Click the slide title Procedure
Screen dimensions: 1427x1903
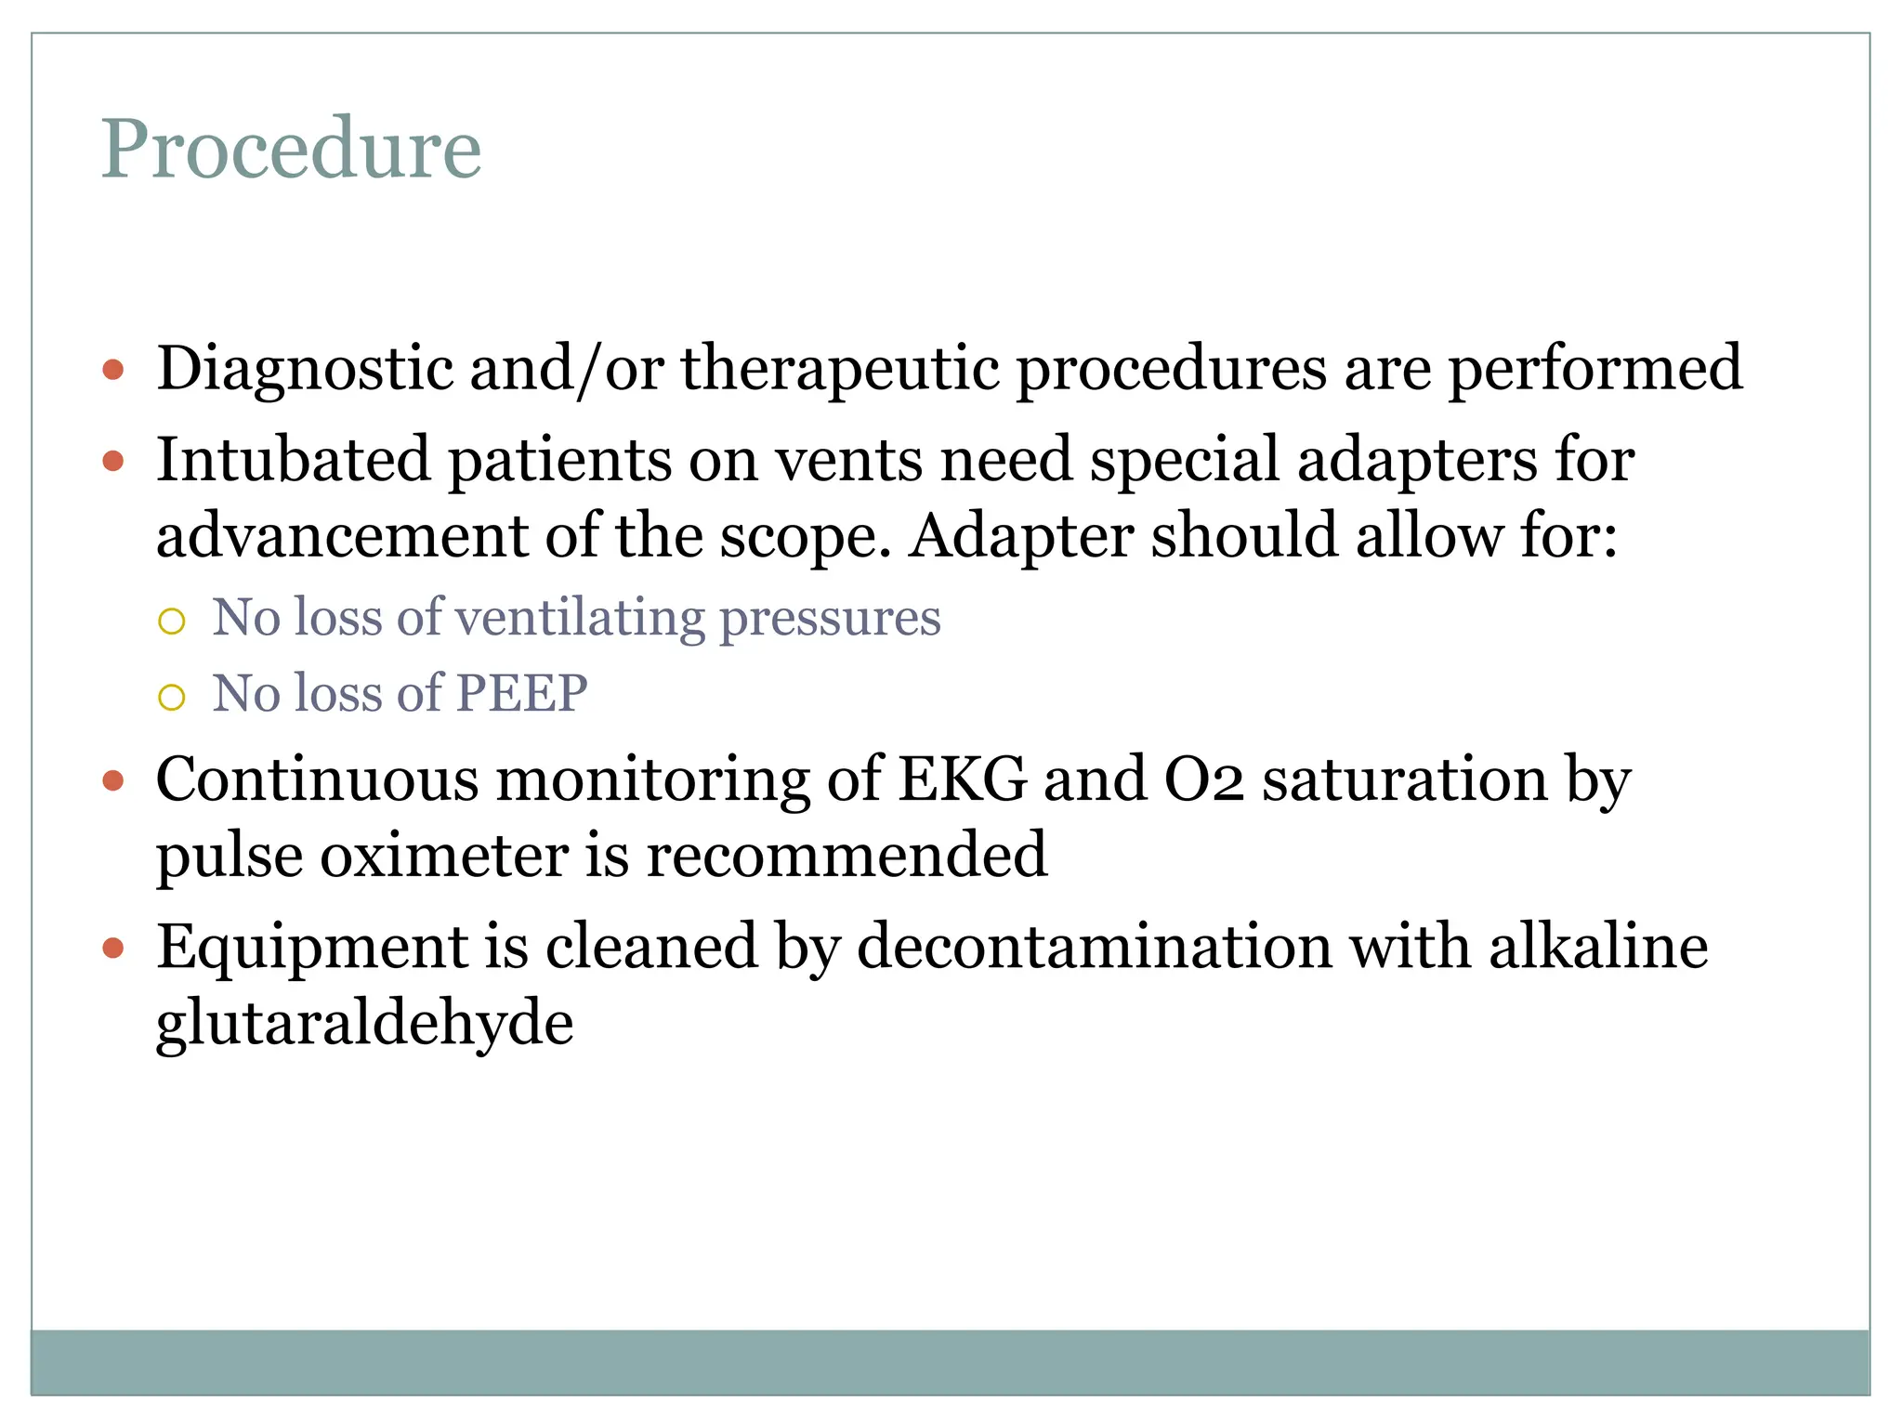(x=291, y=149)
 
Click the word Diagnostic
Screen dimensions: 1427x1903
(x=305, y=369)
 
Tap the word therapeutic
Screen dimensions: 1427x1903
(x=840, y=369)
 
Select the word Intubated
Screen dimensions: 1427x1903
(x=294, y=460)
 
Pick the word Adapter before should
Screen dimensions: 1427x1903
(x=1021, y=536)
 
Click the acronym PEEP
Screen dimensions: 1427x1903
(x=521, y=693)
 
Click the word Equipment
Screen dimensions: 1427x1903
(x=311, y=948)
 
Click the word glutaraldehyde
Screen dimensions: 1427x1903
(x=364, y=1024)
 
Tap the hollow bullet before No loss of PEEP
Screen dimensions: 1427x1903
(x=172, y=697)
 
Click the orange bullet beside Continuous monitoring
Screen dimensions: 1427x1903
(x=113, y=781)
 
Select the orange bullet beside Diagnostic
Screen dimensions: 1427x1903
(x=113, y=371)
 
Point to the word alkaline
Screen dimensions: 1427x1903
(x=1598, y=948)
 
